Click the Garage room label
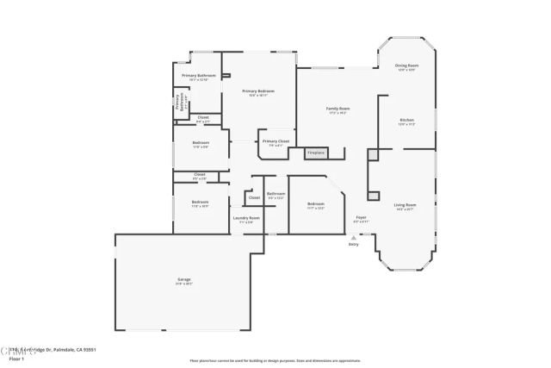click(x=184, y=279)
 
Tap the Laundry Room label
click(x=246, y=218)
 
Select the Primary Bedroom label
click(x=258, y=90)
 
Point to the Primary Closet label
click(x=275, y=141)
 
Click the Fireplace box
click(x=316, y=153)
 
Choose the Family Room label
click(x=337, y=109)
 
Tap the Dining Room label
click(x=406, y=65)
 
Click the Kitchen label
click(x=407, y=120)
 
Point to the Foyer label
click(x=361, y=217)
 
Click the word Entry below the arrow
click(x=353, y=245)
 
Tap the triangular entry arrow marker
click(x=353, y=237)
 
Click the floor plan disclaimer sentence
click(x=275, y=360)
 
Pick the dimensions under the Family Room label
click(x=337, y=113)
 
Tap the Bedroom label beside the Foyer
click(x=316, y=203)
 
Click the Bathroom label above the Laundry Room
click(x=275, y=194)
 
